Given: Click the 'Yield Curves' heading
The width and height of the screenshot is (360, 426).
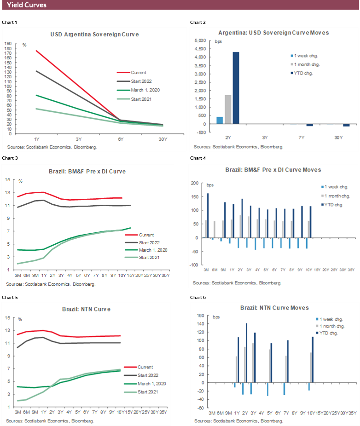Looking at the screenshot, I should click(x=27, y=5).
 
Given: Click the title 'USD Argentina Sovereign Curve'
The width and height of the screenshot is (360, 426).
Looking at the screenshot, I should click(x=94, y=34).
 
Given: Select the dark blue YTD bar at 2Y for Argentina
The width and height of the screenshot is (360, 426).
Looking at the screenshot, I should click(x=236, y=88).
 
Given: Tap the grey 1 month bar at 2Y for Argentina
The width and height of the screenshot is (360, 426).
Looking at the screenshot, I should click(x=228, y=109).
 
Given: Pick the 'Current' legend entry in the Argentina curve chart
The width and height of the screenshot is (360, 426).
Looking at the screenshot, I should click(x=139, y=73).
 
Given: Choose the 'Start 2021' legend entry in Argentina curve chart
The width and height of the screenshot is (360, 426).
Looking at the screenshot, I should click(x=141, y=99).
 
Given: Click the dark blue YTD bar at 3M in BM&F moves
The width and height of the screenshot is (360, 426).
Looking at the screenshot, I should click(x=208, y=215).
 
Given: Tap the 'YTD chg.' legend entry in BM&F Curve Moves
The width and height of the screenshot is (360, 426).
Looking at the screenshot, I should click(x=334, y=204).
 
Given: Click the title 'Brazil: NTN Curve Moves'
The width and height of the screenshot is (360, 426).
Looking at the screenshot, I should click(x=274, y=307).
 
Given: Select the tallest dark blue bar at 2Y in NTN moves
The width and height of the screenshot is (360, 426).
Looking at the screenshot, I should click(x=246, y=353).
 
